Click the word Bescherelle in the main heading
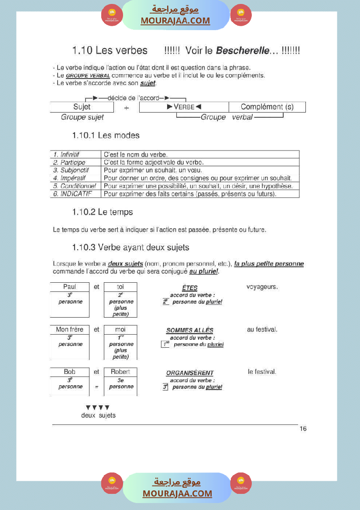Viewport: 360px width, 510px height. point(243,51)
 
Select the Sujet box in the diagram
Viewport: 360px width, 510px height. point(82,107)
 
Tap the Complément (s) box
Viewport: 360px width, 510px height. point(267,107)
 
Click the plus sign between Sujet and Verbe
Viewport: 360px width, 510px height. point(127,108)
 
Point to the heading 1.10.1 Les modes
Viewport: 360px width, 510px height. point(106,135)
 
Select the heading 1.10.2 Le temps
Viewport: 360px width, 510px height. point(103,212)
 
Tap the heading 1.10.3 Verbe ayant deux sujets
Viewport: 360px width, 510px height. point(130,247)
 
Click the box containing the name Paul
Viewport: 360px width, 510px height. point(70,287)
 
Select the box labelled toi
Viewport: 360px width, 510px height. point(120,287)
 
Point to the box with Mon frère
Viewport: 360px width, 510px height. point(70,329)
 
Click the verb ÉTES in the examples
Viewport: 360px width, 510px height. point(190,288)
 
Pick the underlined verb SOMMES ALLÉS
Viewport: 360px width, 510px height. point(190,331)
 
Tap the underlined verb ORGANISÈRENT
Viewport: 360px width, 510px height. point(190,373)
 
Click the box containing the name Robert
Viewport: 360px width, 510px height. point(120,372)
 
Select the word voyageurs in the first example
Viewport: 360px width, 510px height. point(262,287)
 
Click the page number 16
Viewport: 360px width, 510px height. point(303,429)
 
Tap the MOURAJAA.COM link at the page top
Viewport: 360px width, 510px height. point(175,21)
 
